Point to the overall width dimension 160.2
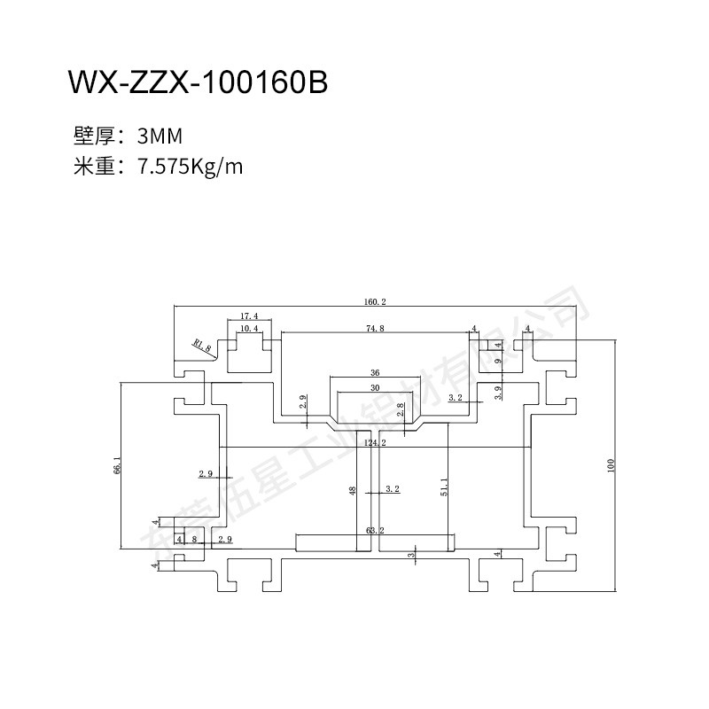375,302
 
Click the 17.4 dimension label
249,316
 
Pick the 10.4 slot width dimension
249,329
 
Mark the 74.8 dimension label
375,329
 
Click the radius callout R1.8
202,345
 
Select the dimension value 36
375,373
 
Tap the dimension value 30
375,388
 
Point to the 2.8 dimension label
401,410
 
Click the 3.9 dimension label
498,391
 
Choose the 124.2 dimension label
375,441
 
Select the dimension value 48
353,490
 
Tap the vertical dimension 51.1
443,488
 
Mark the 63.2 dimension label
375,531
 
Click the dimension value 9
498,361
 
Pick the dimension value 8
194,539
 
